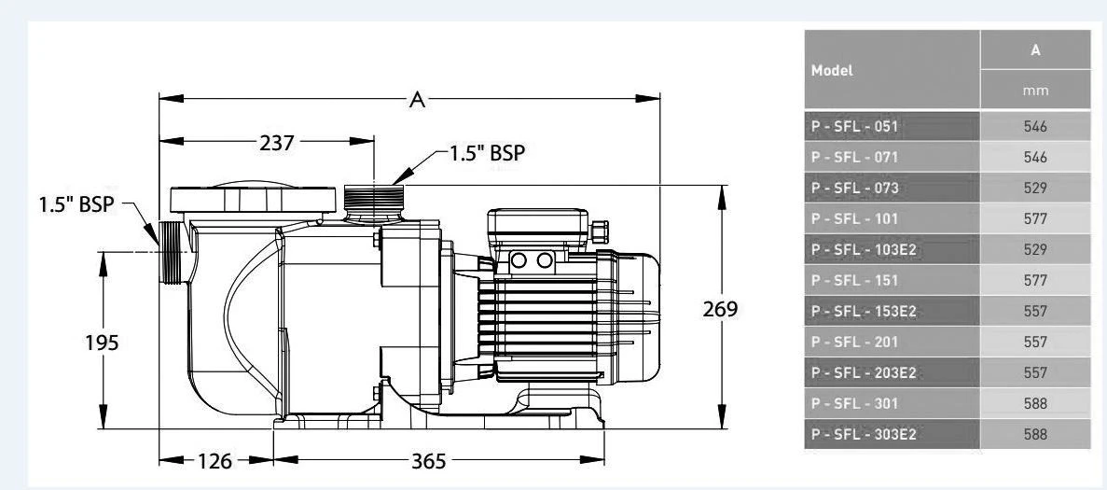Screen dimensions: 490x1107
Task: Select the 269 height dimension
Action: [719, 309]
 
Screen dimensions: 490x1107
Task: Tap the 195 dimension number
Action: [102, 343]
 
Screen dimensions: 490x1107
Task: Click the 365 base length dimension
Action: [429, 460]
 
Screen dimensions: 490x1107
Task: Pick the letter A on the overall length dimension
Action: [418, 100]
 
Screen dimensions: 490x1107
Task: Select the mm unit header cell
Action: [1035, 91]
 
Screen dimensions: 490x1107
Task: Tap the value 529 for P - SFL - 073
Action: [1035, 188]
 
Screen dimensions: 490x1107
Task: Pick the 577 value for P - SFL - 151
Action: [1035, 281]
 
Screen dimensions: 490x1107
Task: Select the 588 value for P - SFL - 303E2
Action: [1035, 435]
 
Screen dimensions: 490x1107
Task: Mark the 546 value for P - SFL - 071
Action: [1035, 157]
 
